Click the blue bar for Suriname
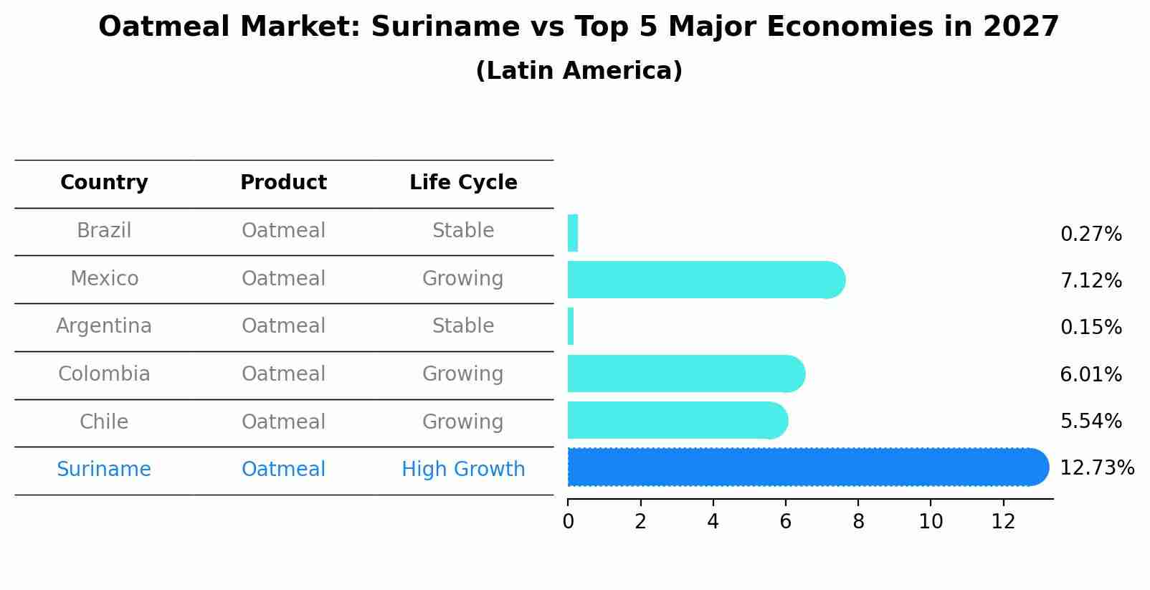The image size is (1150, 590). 807,467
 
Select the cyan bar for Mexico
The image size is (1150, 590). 706,280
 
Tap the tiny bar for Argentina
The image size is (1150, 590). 571,327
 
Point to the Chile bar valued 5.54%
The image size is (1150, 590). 678,421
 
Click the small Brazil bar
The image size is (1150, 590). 573,233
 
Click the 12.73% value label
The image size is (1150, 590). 1096,468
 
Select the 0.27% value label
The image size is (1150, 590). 1090,234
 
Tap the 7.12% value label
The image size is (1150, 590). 1090,280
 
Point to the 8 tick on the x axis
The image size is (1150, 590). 858,522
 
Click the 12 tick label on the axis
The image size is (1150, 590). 1003,522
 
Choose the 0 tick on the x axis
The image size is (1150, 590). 568,522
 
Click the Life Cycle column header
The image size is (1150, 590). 463,183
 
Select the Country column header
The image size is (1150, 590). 104,183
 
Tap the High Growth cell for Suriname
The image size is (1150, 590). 463,470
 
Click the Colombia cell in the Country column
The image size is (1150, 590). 104,374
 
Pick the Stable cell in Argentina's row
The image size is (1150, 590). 463,326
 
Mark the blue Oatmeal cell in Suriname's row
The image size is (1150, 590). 283,470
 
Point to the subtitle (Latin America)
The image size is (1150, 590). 579,71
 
